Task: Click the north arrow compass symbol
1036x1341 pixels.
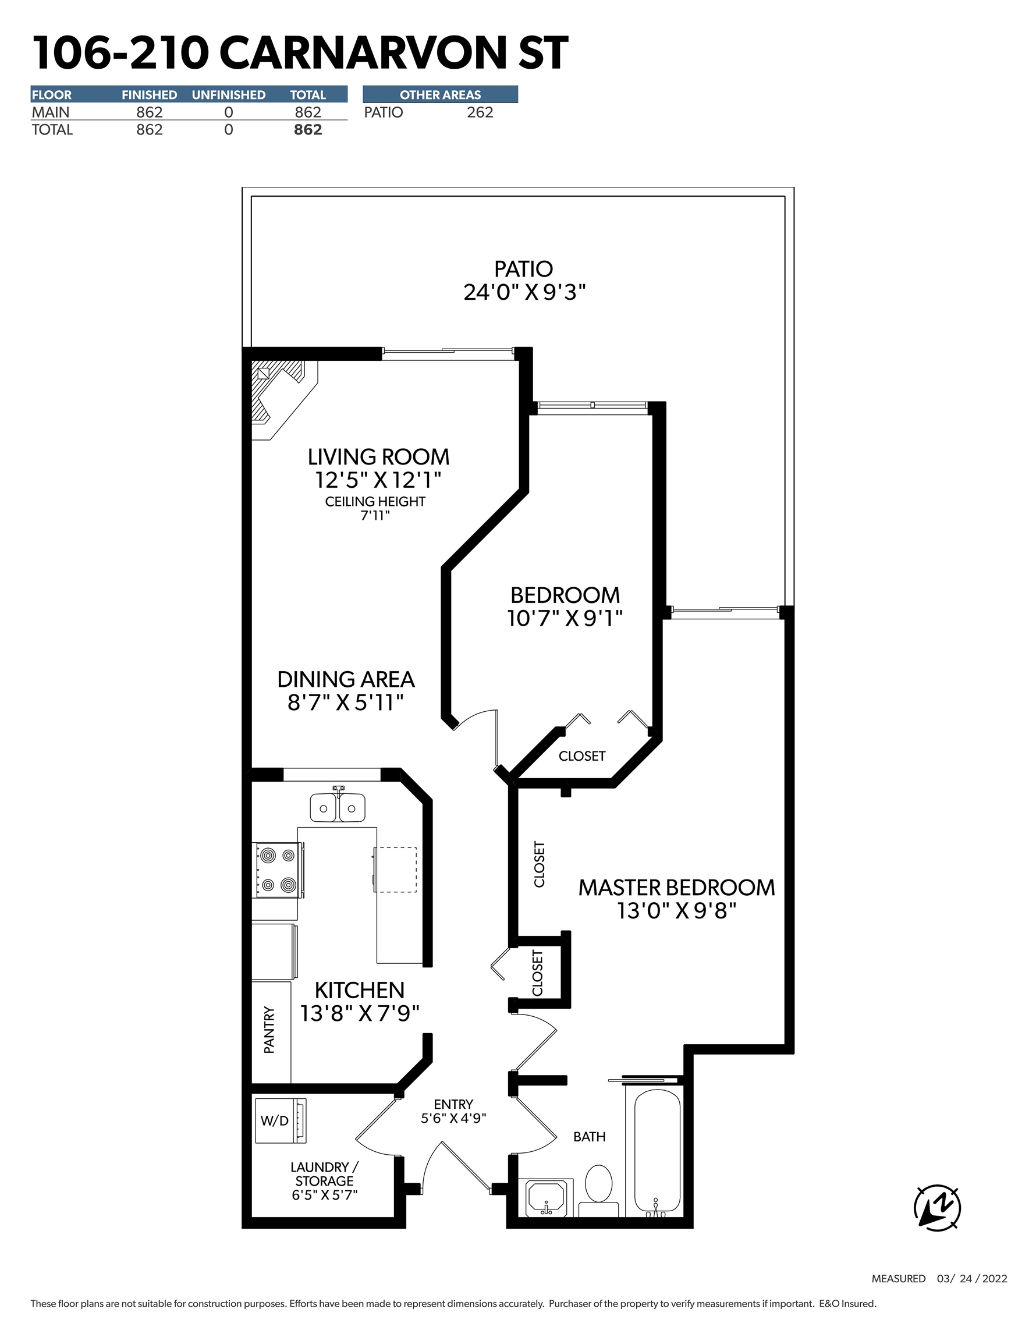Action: click(937, 1208)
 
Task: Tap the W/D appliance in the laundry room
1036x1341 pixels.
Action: click(280, 1120)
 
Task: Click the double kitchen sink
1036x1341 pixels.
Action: click(337, 808)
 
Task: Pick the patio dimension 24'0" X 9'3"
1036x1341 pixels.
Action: click(524, 292)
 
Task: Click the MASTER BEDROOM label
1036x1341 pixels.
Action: click(676, 888)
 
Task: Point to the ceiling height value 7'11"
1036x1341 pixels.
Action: click(375, 516)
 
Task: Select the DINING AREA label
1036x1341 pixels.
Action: click(346, 680)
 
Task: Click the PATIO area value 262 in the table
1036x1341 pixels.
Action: click(480, 112)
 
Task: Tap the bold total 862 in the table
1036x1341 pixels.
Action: click(308, 130)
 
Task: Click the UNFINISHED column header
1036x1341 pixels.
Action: click(229, 94)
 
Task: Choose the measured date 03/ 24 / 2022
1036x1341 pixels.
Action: click(971, 1278)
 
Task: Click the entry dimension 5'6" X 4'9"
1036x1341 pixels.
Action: click(453, 1118)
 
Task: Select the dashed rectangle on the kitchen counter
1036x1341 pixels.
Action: click(396, 870)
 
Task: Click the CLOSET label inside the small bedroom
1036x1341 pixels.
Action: click(581, 756)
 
